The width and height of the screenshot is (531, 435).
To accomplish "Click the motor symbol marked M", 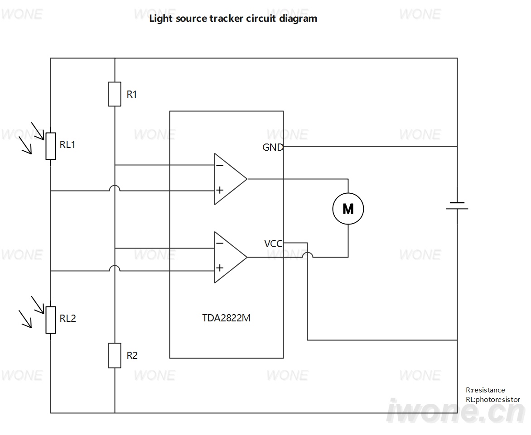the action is coord(348,209).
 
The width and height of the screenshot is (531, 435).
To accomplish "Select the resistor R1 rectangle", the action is coord(115,94).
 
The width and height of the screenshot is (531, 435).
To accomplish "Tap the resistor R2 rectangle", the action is coord(115,355).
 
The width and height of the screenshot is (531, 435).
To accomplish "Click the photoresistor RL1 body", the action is coord(51,146).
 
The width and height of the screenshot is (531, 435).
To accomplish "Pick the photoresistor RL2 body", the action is coord(51,320).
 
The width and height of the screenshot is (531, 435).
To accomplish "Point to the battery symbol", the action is coord(457,206).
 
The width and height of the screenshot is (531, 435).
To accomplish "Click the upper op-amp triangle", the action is coord(231,179).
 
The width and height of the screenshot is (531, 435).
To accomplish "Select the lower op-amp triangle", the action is coord(231,257).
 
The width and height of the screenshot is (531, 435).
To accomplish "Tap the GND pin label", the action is coord(273,147).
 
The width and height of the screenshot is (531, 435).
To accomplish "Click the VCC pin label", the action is coord(273,244).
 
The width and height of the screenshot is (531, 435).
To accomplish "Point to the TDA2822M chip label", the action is coord(226,318).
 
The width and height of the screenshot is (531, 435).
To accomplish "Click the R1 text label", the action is coord(132,94).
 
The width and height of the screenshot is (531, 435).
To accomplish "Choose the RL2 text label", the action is coord(68,318).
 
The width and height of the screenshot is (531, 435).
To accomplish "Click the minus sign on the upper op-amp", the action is coord(219,165).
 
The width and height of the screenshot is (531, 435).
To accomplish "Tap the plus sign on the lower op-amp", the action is coord(220,268).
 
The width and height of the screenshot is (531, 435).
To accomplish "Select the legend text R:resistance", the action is coord(485,390).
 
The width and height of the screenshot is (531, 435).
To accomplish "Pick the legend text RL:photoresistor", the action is coord(493,400).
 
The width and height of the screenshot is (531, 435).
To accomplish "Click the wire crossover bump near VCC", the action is coord(308,254).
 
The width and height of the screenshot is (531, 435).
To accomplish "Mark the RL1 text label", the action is coord(68,144).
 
